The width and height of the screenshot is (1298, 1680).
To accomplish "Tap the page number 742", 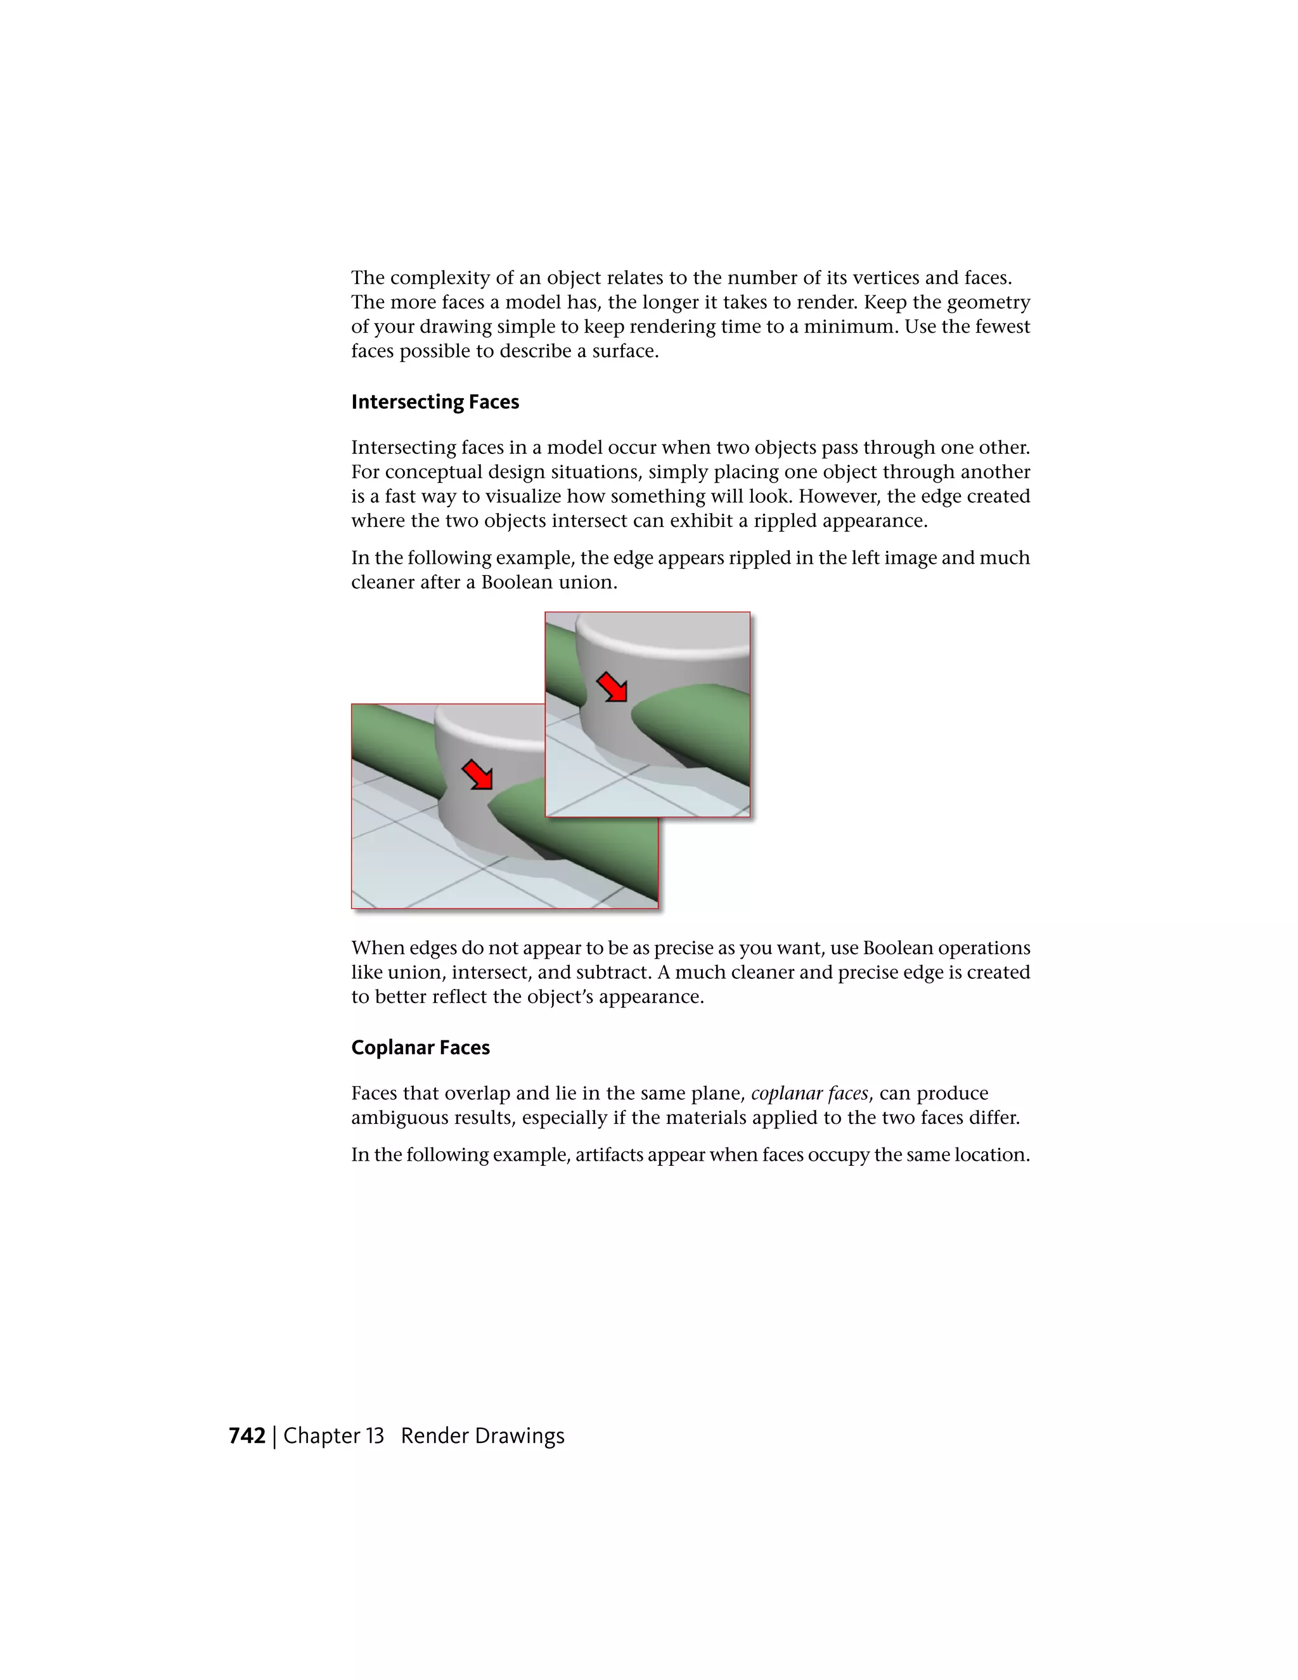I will click(x=247, y=1436).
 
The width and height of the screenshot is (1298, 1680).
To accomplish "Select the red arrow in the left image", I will click(x=477, y=775).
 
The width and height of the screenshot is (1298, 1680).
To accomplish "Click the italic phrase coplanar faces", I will click(x=809, y=1093).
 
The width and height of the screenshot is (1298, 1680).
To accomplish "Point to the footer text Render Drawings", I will click(x=482, y=1436).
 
